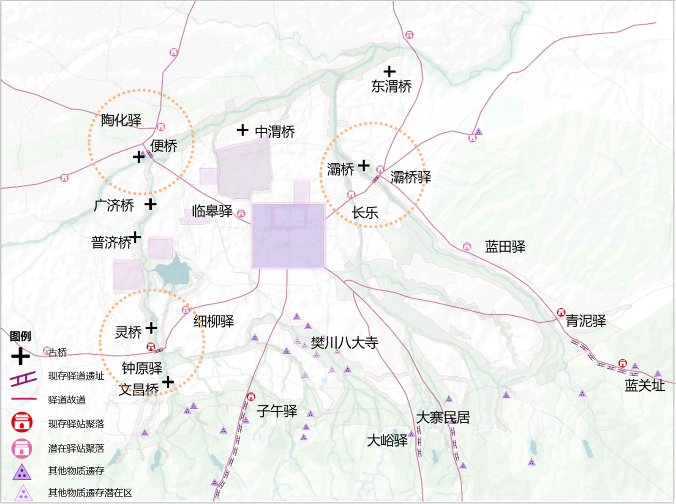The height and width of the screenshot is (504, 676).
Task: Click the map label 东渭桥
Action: click(391, 86)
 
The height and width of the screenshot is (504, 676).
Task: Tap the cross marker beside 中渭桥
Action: click(243, 130)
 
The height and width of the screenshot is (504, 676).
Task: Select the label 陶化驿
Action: click(121, 120)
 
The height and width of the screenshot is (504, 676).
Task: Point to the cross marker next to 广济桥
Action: click(150, 205)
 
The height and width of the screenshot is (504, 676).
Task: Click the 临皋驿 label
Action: click(212, 211)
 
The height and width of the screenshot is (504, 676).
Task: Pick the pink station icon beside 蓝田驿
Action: click(467, 246)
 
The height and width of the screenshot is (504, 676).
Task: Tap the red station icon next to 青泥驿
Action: click(561, 313)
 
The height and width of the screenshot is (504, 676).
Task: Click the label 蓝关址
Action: click(644, 386)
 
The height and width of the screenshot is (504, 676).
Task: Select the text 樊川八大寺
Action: click(344, 342)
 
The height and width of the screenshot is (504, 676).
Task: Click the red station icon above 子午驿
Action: click(251, 397)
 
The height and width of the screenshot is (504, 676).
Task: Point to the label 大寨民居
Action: click(443, 418)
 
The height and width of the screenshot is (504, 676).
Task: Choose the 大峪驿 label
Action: click(387, 441)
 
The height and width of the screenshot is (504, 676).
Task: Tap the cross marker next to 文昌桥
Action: click(168, 382)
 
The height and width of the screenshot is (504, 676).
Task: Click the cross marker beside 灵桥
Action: click(151, 328)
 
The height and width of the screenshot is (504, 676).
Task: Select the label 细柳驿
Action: click(214, 321)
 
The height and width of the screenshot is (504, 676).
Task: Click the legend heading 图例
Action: click(20, 336)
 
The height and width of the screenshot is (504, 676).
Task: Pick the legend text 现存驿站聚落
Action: click(76, 424)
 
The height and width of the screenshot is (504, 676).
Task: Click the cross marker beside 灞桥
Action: click(364, 166)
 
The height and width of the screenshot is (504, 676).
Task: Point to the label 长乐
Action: click(365, 213)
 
